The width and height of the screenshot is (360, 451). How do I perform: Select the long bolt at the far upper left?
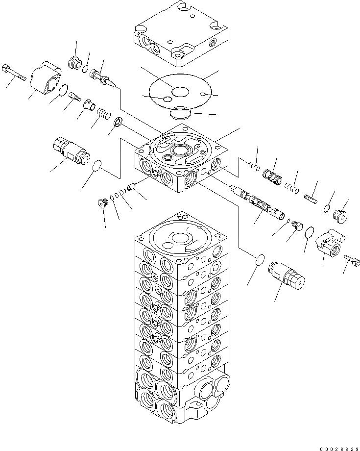[x=15, y=72]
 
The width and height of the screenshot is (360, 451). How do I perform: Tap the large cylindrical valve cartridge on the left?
[x=72, y=149]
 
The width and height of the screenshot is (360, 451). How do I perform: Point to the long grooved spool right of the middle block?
[x=258, y=201]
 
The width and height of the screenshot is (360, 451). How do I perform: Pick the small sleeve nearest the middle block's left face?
[x=131, y=187]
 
